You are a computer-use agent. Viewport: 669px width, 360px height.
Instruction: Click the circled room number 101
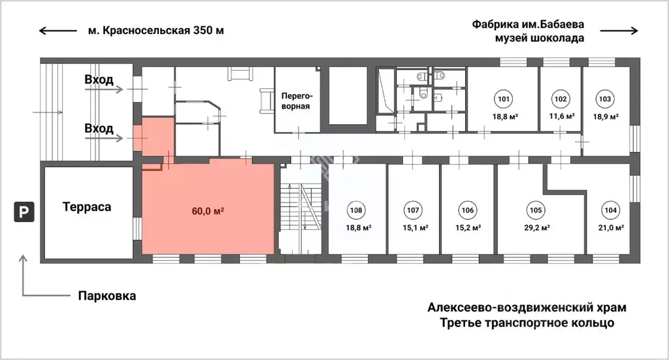click(503, 100)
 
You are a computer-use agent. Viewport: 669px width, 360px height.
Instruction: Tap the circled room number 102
click(560, 100)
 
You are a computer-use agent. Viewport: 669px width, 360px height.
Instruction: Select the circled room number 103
click(604, 100)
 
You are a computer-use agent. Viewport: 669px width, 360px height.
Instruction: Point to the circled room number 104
click(610, 210)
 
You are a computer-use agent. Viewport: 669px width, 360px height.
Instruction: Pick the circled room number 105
click(535, 210)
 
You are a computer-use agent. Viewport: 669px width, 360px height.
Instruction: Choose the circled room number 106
click(466, 210)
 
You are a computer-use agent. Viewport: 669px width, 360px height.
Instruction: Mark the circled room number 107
click(412, 210)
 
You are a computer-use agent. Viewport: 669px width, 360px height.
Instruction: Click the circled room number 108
click(356, 210)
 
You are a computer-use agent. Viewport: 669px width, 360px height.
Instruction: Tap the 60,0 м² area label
click(208, 211)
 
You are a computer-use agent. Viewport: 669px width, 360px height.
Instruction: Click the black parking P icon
click(24, 211)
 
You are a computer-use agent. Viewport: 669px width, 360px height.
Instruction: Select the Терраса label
click(87, 207)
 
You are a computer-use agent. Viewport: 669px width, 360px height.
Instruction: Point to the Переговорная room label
click(297, 100)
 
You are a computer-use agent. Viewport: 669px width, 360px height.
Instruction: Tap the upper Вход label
click(99, 80)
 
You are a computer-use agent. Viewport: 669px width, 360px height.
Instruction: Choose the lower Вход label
click(99, 128)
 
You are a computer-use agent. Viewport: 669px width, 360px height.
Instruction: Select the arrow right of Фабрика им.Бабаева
click(619, 30)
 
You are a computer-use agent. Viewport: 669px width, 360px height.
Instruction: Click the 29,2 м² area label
click(535, 228)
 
